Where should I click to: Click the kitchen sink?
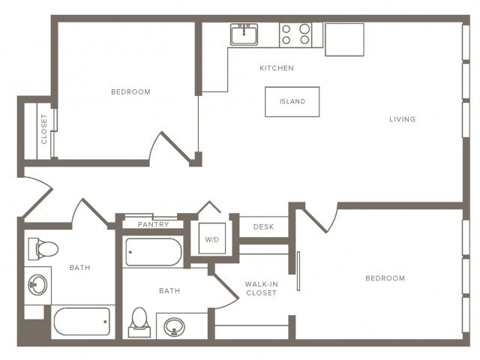tap(244, 34)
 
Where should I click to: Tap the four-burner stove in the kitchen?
tap(295, 34)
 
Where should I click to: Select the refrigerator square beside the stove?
tap(344, 39)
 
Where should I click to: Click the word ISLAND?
tap(292, 102)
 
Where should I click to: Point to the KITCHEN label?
tap(276, 68)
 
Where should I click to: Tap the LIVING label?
tap(402, 119)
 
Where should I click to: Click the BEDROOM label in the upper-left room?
tap(130, 92)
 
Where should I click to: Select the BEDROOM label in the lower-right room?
tap(385, 278)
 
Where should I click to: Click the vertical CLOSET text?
tap(43, 129)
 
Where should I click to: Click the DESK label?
tap(262, 226)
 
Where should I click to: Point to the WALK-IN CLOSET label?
tap(261, 288)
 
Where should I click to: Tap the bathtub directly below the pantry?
tap(153, 252)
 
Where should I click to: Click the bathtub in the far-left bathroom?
tap(82, 322)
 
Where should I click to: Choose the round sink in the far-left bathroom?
tap(37, 285)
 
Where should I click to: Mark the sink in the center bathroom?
tap(175, 326)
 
